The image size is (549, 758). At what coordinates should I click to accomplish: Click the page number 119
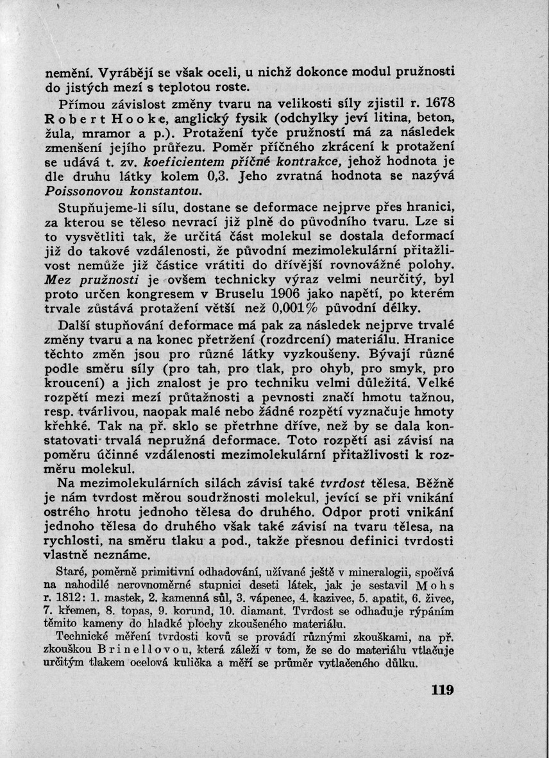[x=443, y=691]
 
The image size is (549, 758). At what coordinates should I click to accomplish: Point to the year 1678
[x=440, y=101]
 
